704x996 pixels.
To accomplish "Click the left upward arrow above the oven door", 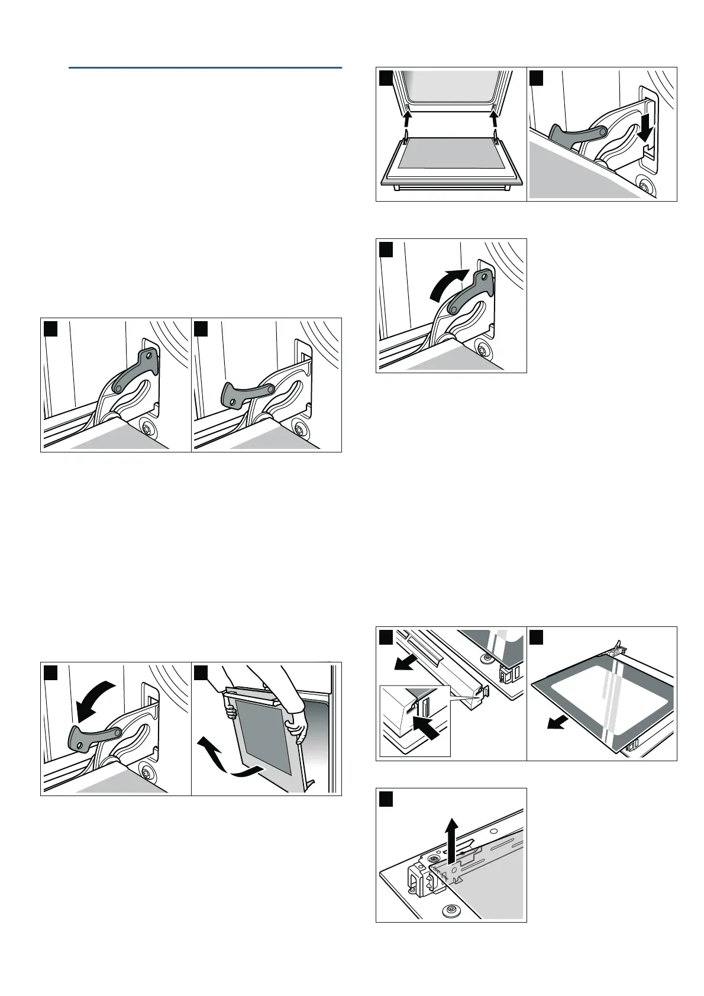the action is click(407, 122).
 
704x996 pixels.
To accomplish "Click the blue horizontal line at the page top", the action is click(205, 68).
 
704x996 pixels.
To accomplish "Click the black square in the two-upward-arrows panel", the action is click(386, 77).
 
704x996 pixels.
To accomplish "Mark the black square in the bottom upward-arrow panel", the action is click(386, 798).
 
